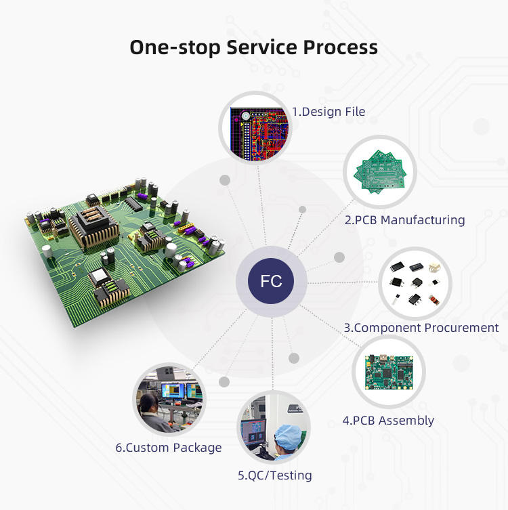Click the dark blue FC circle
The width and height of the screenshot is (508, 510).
point(271,281)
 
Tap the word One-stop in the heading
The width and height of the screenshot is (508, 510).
point(175,47)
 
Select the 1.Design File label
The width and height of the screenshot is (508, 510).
point(329,112)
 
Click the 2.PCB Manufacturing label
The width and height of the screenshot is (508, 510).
point(405,220)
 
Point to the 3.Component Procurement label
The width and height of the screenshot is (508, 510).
point(421,328)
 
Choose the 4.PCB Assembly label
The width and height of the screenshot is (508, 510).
point(388,420)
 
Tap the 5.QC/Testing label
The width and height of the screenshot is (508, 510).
point(275,475)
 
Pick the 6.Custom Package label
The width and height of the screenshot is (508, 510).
point(169,448)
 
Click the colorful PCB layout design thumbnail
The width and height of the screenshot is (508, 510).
point(259,133)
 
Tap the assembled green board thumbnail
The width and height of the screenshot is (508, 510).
point(389,372)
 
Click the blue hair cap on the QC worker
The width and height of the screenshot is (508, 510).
point(289,437)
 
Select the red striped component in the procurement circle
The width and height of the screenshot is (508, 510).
point(433,299)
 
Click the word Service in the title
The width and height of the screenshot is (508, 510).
point(262,47)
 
